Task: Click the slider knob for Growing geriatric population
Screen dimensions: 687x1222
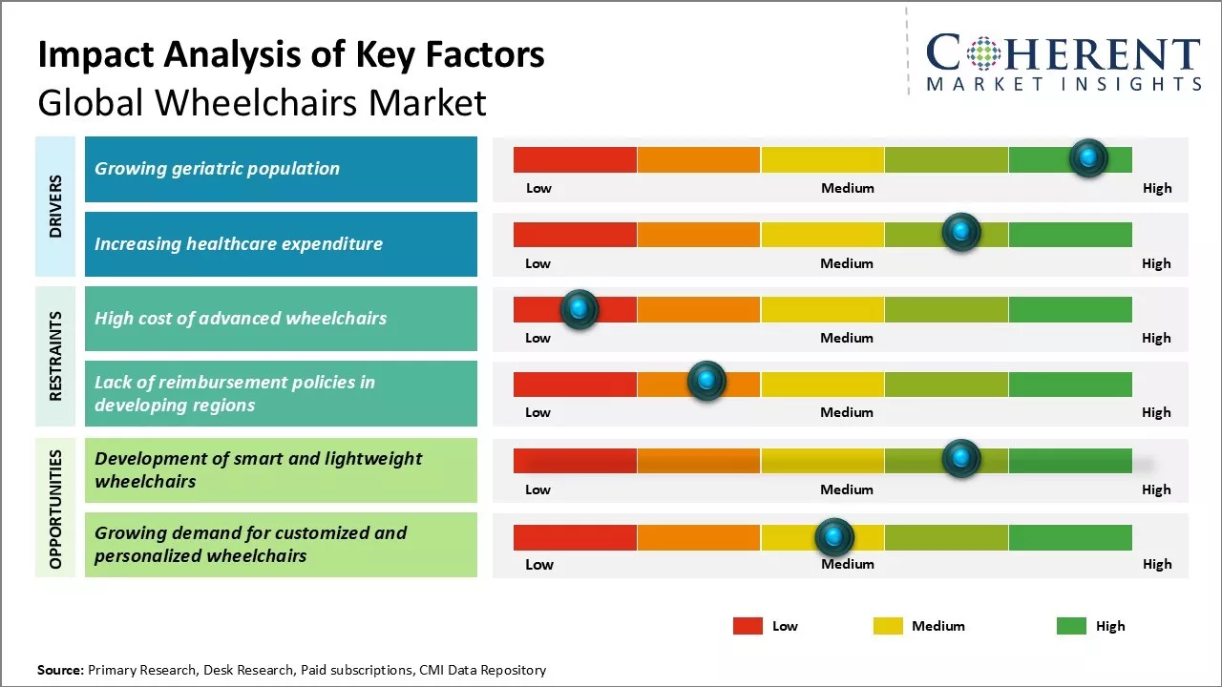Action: (x=1088, y=158)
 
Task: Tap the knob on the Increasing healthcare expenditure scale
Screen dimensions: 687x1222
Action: (x=961, y=232)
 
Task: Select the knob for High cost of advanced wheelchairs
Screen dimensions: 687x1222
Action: (x=579, y=309)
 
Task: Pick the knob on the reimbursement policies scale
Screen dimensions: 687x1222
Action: (x=706, y=382)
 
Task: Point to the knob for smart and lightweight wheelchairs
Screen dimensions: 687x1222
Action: (x=961, y=459)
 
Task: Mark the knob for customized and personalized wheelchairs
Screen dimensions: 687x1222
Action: (x=834, y=537)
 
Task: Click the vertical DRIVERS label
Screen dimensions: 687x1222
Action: (x=55, y=206)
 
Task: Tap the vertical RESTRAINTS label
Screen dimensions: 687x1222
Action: (x=55, y=356)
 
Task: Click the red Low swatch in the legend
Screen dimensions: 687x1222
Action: (x=748, y=626)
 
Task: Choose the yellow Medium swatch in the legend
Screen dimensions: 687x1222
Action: (x=888, y=626)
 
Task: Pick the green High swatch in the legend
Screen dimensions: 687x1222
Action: (x=1071, y=626)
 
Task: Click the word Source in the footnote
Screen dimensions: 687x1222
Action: (x=59, y=670)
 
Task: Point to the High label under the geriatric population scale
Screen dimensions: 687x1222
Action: (x=1157, y=188)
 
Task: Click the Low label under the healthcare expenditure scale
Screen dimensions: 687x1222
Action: (x=537, y=263)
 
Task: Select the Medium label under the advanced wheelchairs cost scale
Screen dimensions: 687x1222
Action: (x=847, y=338)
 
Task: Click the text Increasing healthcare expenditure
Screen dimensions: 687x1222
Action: (x=239, y=243)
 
